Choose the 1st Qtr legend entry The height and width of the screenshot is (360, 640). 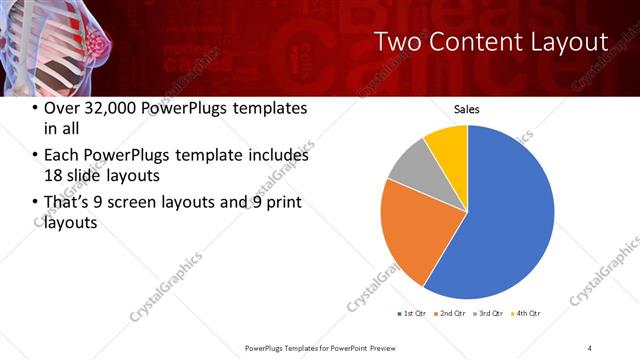click(412, 313)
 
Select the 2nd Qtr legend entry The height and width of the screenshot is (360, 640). click(450, 313)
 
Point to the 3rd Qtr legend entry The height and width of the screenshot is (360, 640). click(488, 313)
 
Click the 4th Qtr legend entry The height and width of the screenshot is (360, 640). click(526, 313)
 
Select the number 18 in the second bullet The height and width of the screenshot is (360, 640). click(53, 175)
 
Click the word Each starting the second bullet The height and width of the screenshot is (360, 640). click(61, 155)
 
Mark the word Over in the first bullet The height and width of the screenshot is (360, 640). click(62, 108)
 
